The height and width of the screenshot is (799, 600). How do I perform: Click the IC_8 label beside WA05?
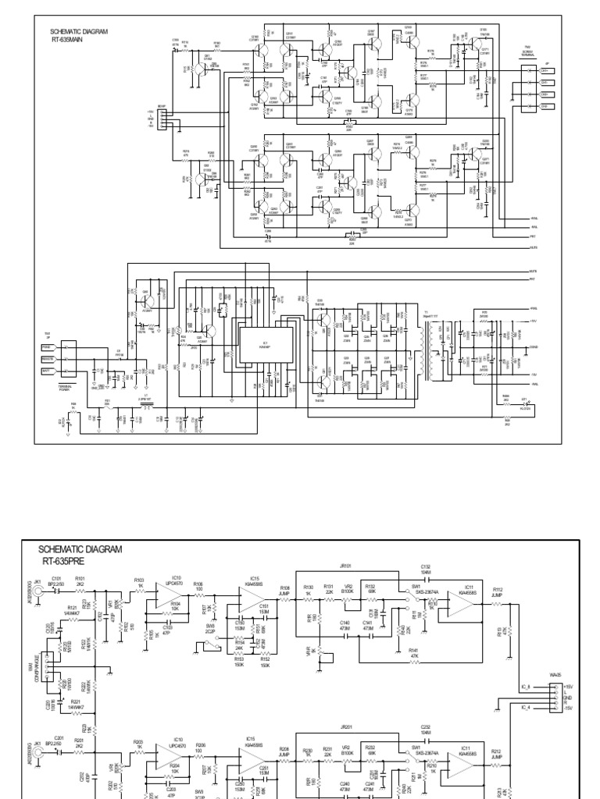click(x=527, y=686)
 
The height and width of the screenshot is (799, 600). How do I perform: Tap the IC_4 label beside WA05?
click(x=527, y=708)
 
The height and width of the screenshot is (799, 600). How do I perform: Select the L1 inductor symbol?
click(x=145, y=405)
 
